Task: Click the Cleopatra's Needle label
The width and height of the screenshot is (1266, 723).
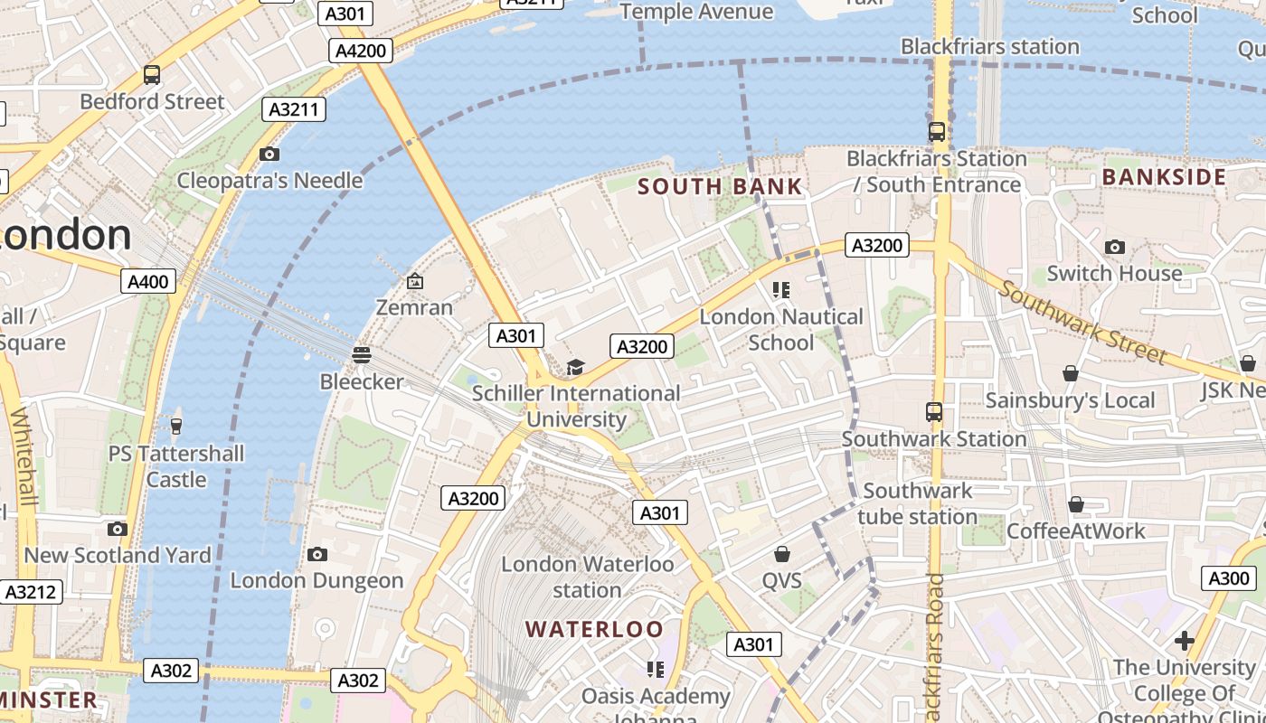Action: click(269, 181)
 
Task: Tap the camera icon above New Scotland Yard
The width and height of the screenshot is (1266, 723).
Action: click(117, 529)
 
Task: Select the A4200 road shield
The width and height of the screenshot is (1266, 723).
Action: click(362, 51)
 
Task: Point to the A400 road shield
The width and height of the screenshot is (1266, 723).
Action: click(147, 282)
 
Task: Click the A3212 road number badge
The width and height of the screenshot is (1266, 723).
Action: click(32, 593)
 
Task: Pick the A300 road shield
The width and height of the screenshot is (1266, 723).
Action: click(1228, 578)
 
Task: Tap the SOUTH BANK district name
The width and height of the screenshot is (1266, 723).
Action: click(720, 187)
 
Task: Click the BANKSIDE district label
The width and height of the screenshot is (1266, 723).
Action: click(1164, 177)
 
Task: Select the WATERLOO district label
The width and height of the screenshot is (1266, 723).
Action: click(594, 629)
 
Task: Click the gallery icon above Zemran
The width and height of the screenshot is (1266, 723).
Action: click(414, 282)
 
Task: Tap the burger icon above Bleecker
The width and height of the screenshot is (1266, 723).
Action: click(362, 355)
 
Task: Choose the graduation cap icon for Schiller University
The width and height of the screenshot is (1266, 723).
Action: click(575, 367)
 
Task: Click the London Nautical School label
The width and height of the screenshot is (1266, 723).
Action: click(781, 330)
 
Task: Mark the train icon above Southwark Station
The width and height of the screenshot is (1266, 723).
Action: click(934, 412)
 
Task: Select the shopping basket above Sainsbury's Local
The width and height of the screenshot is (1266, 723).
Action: click(1071, 373)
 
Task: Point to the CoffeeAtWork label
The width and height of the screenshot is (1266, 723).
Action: click(1075, 531)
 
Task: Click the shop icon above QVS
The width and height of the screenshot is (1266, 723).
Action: click(782, 553)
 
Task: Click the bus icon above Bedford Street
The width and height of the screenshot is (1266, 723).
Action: click(152, 75)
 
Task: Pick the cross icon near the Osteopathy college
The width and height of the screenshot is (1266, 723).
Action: click(1184, 642)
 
